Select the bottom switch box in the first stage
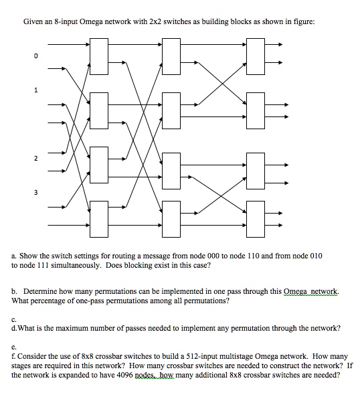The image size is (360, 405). click(x=100, y=218)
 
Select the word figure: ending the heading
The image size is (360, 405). click(x=301, y=21)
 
